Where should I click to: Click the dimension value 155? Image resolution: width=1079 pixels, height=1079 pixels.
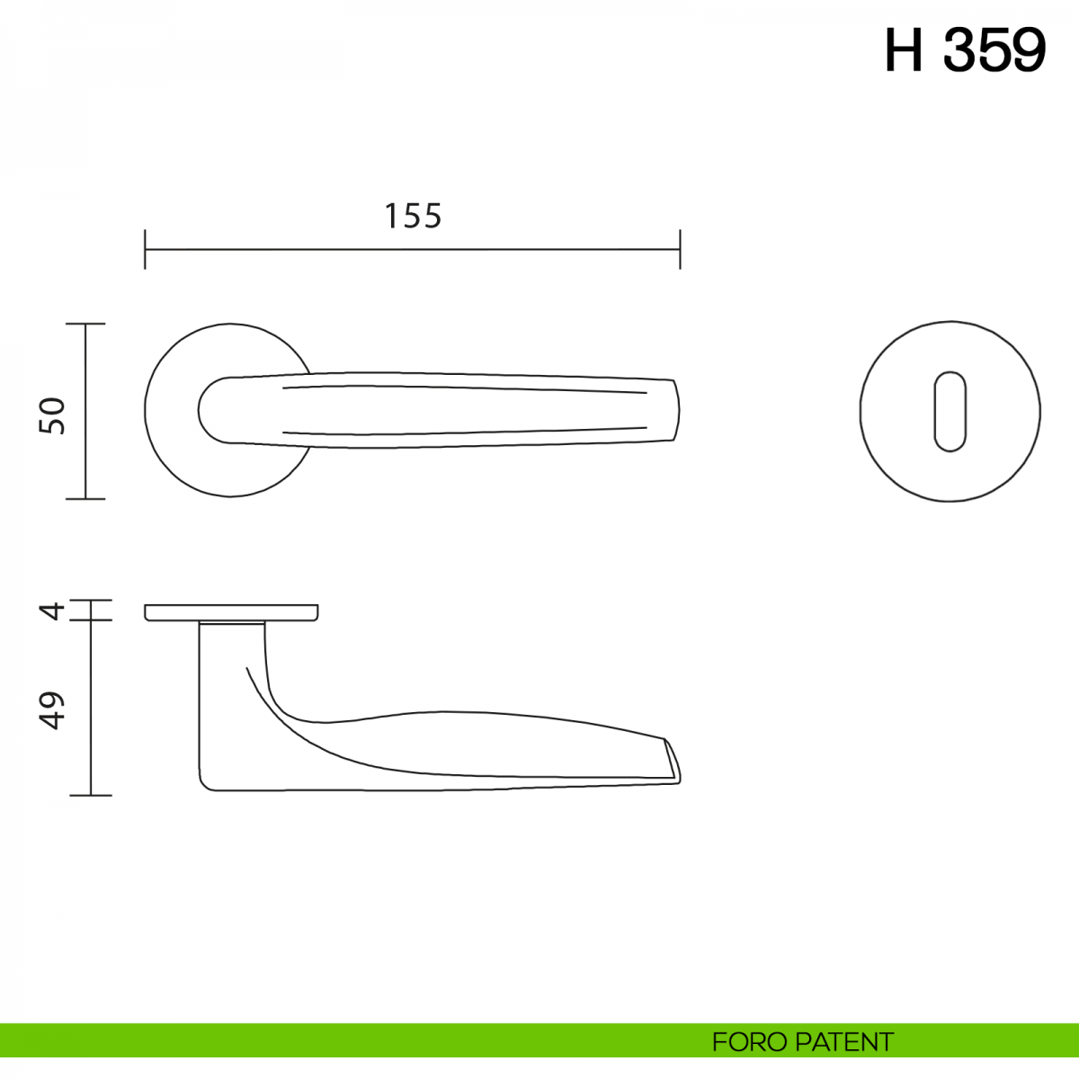pos(414,216)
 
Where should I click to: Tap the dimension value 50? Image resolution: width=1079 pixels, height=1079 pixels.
pos(52,415)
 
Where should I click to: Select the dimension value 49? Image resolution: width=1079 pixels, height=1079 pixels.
pos(51,710)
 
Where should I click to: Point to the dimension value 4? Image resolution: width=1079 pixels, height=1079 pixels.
pos(52,611)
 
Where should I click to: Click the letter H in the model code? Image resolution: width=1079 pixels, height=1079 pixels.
pos(904,50)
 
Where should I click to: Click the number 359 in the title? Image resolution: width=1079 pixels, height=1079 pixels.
pos(994,50)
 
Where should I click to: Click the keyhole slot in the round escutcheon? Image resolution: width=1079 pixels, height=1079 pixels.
pos(950,412)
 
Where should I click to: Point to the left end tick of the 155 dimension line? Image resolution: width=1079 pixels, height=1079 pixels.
pos(145,249)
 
